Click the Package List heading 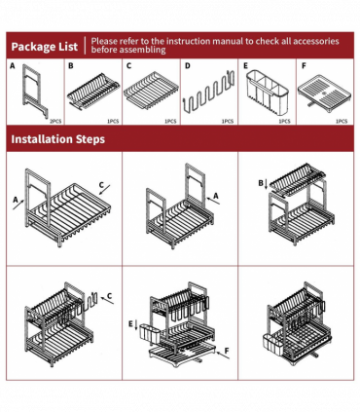pyautogui.click(x=45, y=47)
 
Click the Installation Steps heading pyautogui.click(x=58, y=139)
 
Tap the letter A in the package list pyautogui.click(x=13, y=66)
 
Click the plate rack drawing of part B pyautogui.click(x=93, y=92)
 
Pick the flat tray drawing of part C pyautogui.click(x=151, y=91)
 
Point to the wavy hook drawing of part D pyautogui.click(x=209, y=94)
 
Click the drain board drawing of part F pyautogui.click(x=324, y=94)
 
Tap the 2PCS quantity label pyautogui.click(x=55, y=121)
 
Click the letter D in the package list pyautogui.click(x=188, y=66)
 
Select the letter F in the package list pyautogui.click(x=304, y=66)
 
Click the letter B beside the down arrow pyautogui.click(x=261, y=183)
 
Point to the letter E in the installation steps pyautogui.click(x=130, y=323)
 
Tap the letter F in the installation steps pyautogui.click(x=227, y=351)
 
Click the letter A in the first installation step pyautogui.click(x=16, y=200)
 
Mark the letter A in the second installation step pyautogui.click(x=216, y=196)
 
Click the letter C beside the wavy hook pyautogui.click(x=109, y=296)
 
